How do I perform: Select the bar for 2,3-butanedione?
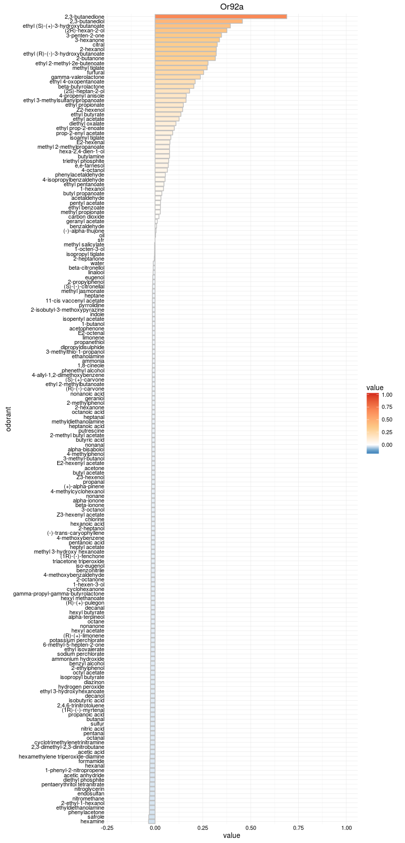click(221, 17)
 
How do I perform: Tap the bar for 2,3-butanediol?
click(198, 21)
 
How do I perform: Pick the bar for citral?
click(186, 45)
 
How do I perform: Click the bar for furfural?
click(179, 72)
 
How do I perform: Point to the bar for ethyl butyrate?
click(168, 114)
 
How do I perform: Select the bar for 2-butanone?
click(185, 59)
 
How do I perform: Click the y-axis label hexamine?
click(93, 821)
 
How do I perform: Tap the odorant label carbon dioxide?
click(87, 217)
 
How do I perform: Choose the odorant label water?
click(97, 263)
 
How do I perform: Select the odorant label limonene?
click(94, 338)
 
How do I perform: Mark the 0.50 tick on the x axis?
click(251, 828)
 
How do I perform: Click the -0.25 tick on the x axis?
click(107, 828)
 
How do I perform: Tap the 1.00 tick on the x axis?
click(346, 828)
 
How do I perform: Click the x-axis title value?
click(232, 836)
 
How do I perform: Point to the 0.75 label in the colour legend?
click(387, 407)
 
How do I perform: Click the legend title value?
click(375, 388)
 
